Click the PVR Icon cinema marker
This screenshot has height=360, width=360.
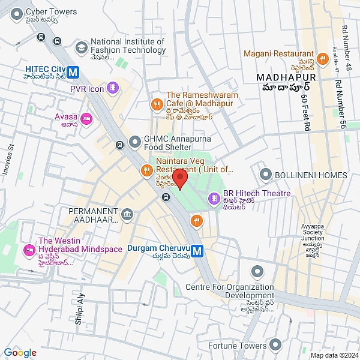(x=112, y=89)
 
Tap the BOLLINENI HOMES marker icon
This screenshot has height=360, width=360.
(x=265, y=175)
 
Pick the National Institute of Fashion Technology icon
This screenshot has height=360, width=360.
(x=80, y=46)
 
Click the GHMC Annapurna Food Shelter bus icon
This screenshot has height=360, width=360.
(x=120, y=144)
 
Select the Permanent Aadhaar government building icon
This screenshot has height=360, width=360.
(x=127, y=214)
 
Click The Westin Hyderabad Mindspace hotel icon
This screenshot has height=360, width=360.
(x=28, y=250)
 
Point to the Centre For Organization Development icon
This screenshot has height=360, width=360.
(x=257, y=271)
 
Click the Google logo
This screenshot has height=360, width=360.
(x=20, y=353)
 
